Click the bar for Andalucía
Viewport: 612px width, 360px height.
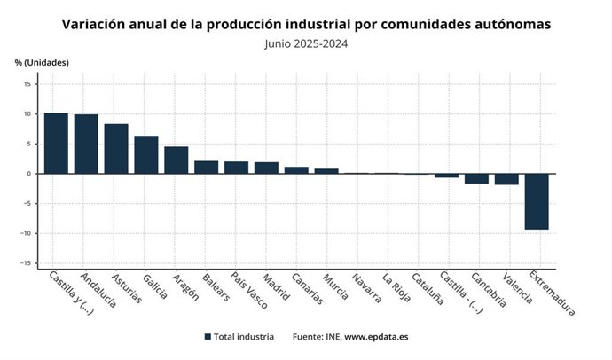click(x=86, y=144)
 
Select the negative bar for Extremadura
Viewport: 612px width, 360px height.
click(x=537, y=201)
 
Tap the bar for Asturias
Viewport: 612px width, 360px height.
click(x=116, y=148)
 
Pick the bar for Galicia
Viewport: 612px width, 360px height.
click(x=146, y=154)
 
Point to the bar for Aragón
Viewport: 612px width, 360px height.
click(x=177, y=160)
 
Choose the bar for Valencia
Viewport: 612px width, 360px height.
click(x=506, y=179)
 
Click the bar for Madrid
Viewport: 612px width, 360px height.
click(x=266, y=168)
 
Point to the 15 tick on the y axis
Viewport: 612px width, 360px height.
click(x=27, y=84)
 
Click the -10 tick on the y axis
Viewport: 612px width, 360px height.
click(x=25, y=233)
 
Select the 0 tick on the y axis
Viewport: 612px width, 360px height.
click(x=29, y=174)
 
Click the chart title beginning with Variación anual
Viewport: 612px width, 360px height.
click(x=306, y=24)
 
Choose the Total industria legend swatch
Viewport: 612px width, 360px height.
click(x=208, y=337)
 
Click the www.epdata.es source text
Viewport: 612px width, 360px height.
click(x=376, y=337)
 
